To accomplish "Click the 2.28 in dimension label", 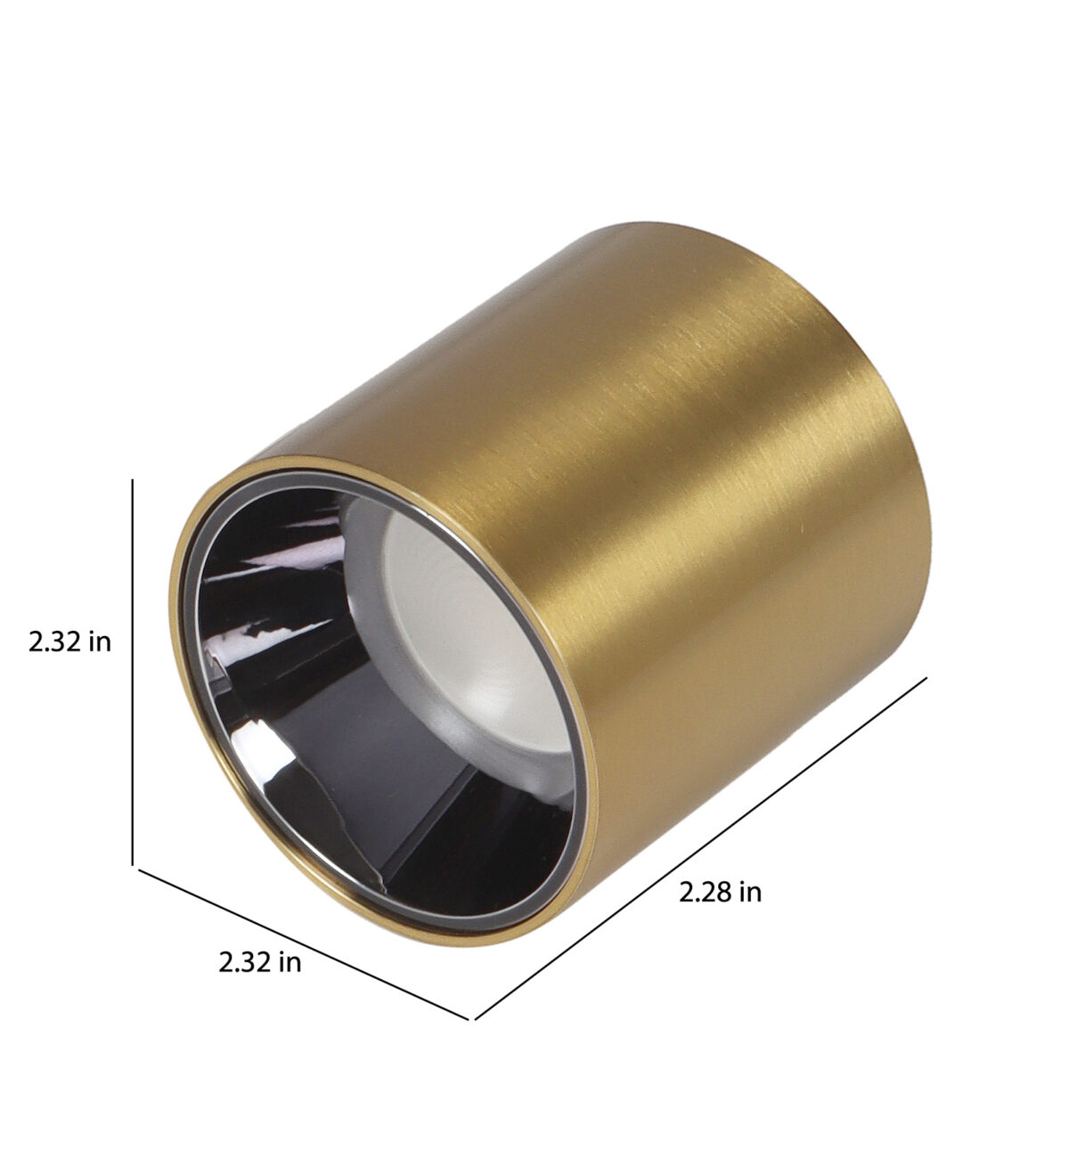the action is point(720,893).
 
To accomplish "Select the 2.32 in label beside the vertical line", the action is point(69,642).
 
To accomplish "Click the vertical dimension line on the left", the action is point(133,672).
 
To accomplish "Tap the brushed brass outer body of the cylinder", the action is point(674,498).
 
